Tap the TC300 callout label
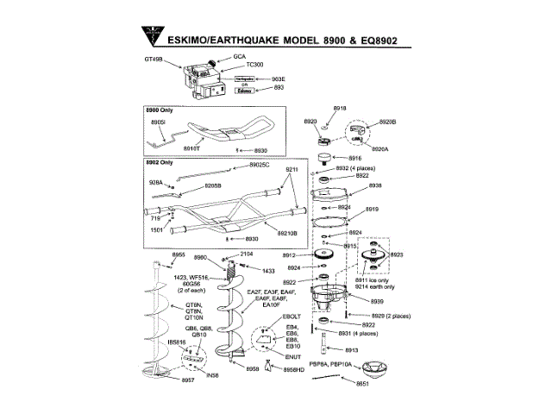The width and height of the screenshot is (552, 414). point(254,65)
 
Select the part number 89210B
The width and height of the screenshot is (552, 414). point(286,233)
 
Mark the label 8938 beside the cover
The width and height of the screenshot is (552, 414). point(374,185)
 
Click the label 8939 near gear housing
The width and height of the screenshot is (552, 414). point(377,301)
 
